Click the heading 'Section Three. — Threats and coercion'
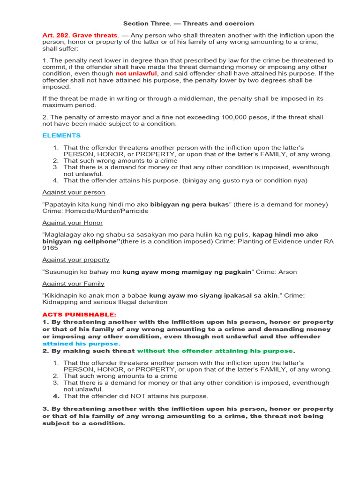[x=188, y=23]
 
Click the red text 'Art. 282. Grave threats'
[x=80, y=36]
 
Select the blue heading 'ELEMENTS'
[x=61, y=135]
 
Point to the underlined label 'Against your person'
[x=74, y=192]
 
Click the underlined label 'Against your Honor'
[x=73, y=223]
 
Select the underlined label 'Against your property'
[x=76, y=260]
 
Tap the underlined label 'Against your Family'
[x=73, y=284]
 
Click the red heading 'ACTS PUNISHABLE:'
[x=79, y=315]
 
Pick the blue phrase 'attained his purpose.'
[x=81, y=344]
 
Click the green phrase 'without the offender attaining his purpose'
[x=215, y=351]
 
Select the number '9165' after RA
[x=50, y=248]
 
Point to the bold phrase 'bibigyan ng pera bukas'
[x=190, y=204]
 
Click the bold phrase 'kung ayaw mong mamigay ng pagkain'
[x=187, y=272]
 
